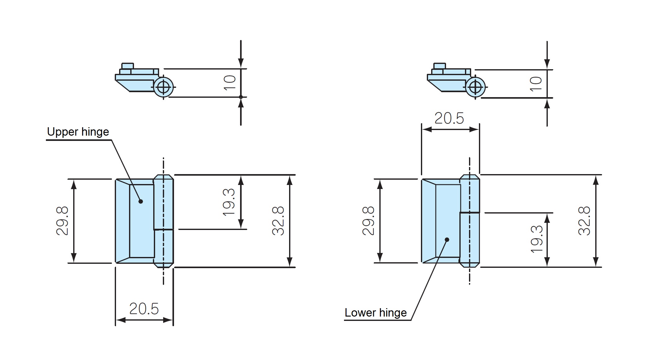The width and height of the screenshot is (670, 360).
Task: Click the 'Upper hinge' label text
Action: click(78, 132)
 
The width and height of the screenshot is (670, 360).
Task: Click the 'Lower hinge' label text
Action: click(375, 313)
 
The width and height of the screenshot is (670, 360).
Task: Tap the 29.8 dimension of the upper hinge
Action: click(62, 221)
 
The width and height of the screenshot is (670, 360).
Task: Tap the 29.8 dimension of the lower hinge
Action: click(368, 221)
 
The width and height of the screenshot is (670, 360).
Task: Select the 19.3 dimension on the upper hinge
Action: click(229, 202)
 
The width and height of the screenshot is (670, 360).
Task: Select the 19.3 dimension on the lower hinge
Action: click(536, 239)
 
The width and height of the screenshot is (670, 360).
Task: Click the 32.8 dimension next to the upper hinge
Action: click(278, 221)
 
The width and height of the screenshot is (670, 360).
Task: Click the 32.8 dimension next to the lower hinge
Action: click(584, 221)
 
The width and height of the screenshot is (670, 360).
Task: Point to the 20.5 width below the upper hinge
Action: click(144, 309)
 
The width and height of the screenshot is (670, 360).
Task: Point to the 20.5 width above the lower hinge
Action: click(449, 118)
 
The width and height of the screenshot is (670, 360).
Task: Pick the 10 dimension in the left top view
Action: click(230, 83)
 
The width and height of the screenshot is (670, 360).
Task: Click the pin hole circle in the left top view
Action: click(163, 87)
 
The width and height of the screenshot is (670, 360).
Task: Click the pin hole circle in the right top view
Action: click(475, 87)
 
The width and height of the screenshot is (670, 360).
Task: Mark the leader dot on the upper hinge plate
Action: click(141, 201)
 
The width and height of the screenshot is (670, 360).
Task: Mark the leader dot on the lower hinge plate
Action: click(447, 240)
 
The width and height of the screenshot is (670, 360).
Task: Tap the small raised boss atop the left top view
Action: click(127, 66)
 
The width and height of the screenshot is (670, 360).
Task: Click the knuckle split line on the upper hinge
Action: click(163, 230)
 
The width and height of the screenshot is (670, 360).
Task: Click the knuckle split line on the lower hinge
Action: click(470, 213)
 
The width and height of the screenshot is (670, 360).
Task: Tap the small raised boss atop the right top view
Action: click(440, 66)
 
